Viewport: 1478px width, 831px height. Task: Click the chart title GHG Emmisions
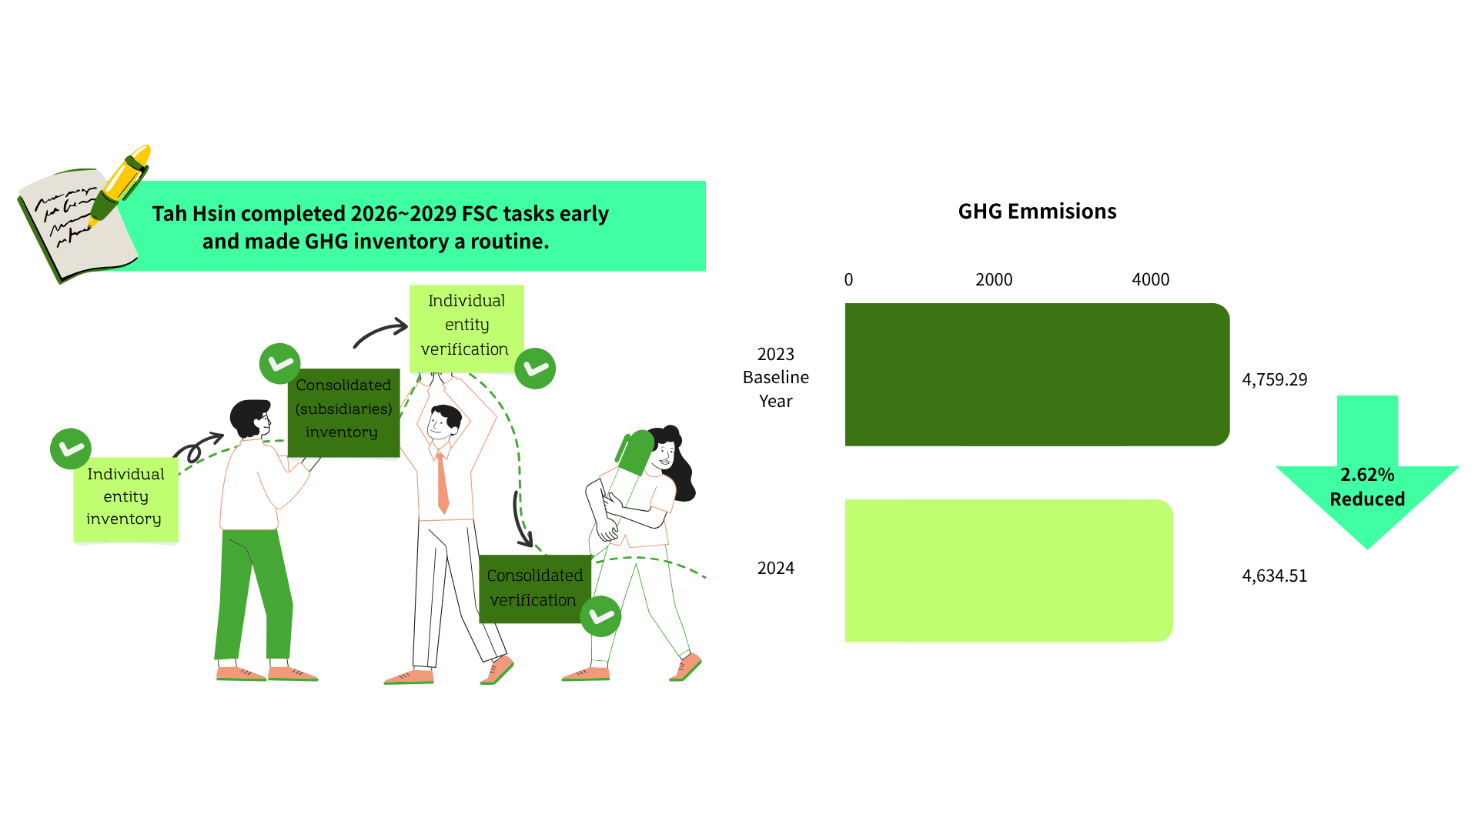pos(1037,212)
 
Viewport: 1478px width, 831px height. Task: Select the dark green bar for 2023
pos(1037,375)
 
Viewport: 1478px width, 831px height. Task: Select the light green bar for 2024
pos(1008,571)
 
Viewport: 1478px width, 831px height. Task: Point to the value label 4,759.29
pos(1275,379)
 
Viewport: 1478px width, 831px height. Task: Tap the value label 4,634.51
pos(1275,576)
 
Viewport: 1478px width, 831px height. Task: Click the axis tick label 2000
pos(994,280)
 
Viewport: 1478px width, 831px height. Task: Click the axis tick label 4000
pos(1151,280)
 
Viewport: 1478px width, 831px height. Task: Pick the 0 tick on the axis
pos(848,280)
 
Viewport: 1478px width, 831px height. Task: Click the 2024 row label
pos(776,569)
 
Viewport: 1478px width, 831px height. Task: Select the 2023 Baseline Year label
pos(776,378)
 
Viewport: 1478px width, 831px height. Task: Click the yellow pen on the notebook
pos(120,185)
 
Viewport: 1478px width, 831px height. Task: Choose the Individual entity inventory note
pos(125,500)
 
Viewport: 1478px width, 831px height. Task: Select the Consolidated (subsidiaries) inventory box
pos(343,412)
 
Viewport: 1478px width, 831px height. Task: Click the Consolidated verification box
pos(535,589)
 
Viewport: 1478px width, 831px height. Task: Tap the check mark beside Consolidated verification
pos(600,616)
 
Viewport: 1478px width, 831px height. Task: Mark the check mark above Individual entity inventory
pos(71,449)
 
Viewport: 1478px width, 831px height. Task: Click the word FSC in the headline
pos(480,214)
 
